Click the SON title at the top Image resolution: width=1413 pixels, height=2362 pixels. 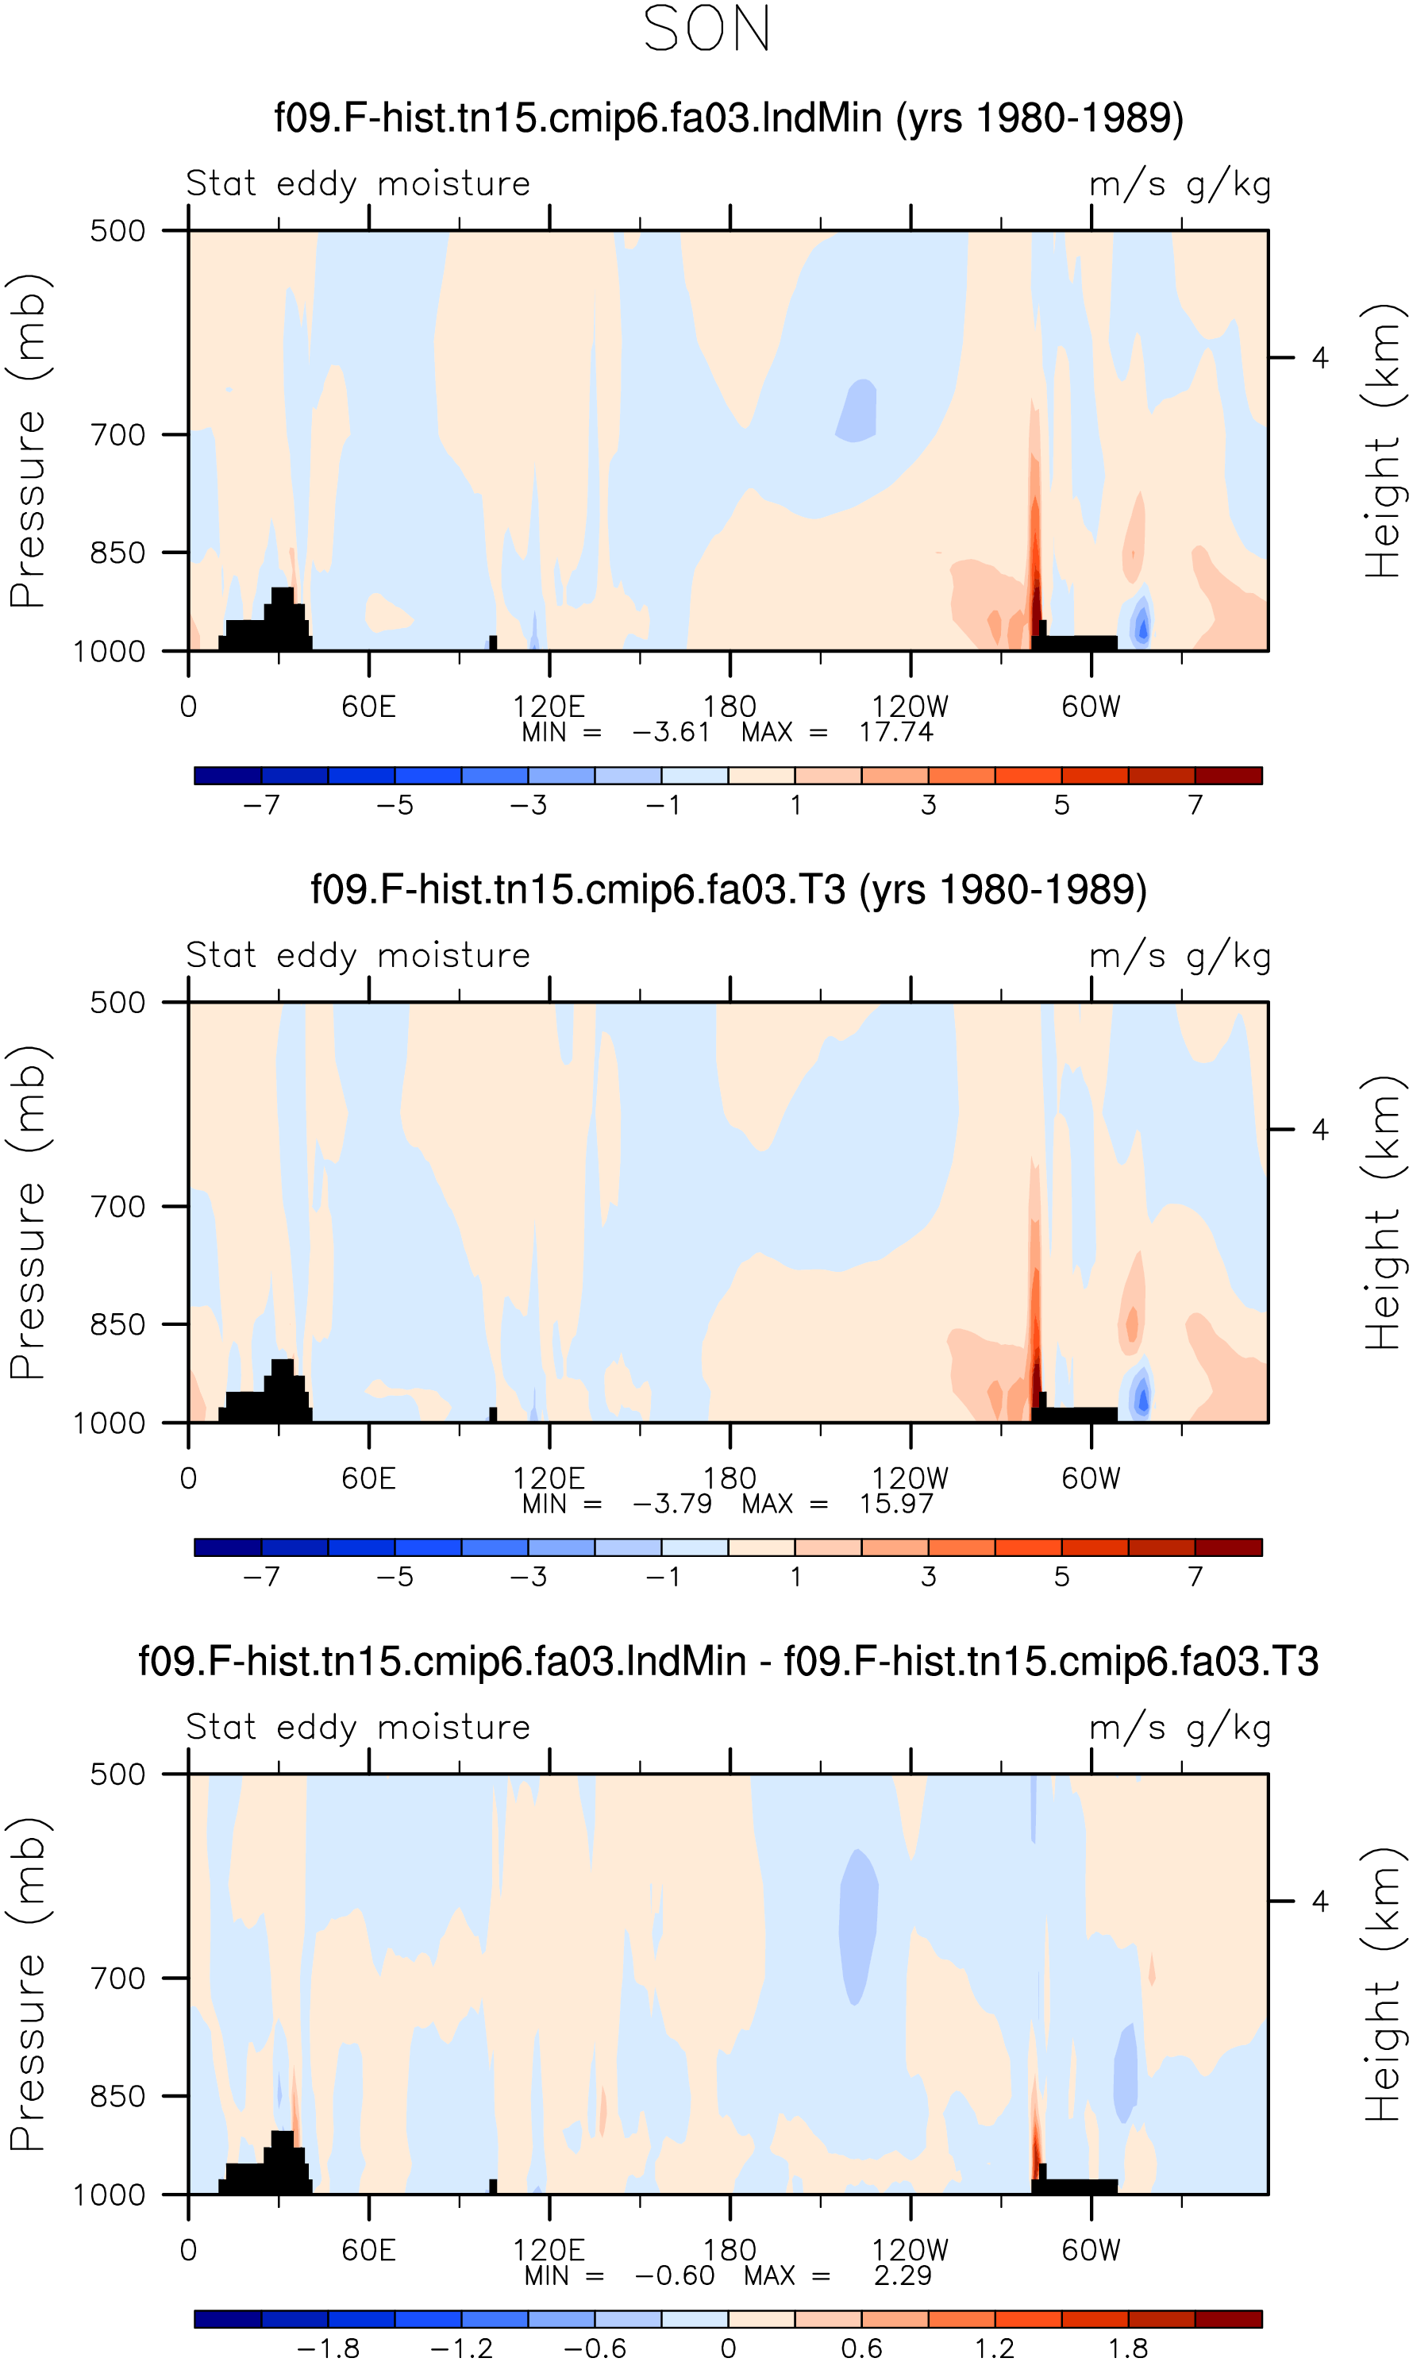(x=706, y=29)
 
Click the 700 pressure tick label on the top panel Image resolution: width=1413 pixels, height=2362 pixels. (x=118, y=435)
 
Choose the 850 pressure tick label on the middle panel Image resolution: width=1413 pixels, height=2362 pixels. (x=118, y=1324)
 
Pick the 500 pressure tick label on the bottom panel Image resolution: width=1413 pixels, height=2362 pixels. (x=118, y=1774)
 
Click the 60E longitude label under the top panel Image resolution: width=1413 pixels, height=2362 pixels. (x=368, y=707)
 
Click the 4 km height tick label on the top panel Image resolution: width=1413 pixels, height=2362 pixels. (x=1319, y=357)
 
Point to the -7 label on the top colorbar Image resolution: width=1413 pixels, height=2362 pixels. (x=261, y=805)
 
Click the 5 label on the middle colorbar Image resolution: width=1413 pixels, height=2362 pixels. (x=1061, y=1577)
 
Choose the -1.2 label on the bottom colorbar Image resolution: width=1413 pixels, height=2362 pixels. (x=462, y=2348)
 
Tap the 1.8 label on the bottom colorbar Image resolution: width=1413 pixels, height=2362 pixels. (x=1128, y=2348)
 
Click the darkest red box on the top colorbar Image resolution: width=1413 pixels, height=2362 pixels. (x=1228, y=775)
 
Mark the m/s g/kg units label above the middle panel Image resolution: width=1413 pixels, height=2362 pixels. (x=1180, y=956)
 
